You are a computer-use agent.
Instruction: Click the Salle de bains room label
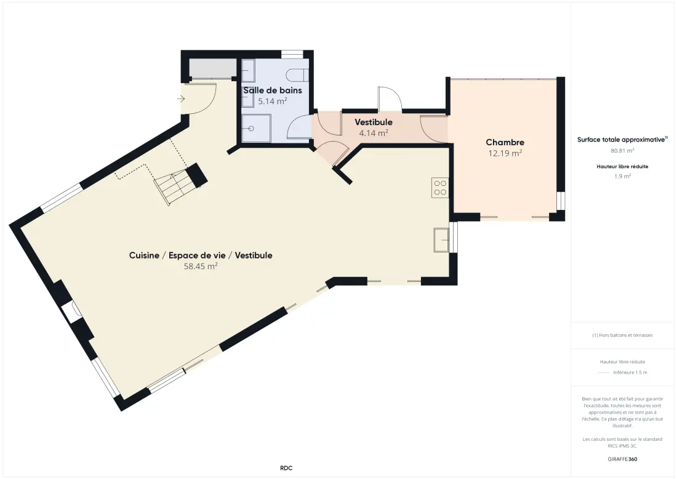(x=273, y=91)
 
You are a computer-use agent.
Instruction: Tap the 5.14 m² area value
(x=273, y=101)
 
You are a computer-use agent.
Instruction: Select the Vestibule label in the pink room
(x=374, y=123)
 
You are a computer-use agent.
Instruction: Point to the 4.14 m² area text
(x=374, y=133)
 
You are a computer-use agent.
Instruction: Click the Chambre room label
(x=505, y=142)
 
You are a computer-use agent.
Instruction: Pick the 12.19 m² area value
(x=505, y=153)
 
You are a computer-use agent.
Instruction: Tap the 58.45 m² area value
(x=201, y=267)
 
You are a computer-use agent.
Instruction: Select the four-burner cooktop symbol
(x=440, y=188)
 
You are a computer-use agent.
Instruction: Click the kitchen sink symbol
(x=441, y=239)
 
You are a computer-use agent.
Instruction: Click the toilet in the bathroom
(x=297, y=75)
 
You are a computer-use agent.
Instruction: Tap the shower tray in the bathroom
(x=256, y=128)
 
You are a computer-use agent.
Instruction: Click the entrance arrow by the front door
(x=181, y=99)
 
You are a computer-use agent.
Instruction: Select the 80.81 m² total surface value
(x=622, y=151)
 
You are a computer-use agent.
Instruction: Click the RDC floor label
(x=286, y=468)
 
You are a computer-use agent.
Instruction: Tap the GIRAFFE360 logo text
(x=622, y=459)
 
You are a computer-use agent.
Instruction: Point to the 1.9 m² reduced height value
(x=622, y=176)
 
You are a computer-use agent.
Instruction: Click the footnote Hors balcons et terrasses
(x=622, y=335)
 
